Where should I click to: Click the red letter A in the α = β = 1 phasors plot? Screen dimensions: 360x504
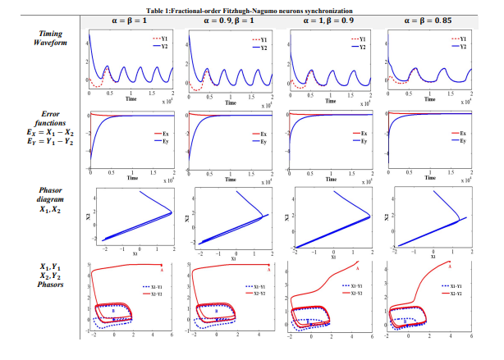click(163, 269)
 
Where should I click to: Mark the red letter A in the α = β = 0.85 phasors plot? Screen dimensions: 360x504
click(450, 266)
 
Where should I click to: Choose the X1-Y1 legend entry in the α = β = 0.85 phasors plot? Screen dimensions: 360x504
click(452, 285)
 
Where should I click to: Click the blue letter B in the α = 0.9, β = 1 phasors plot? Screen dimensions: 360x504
click(217, 311)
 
